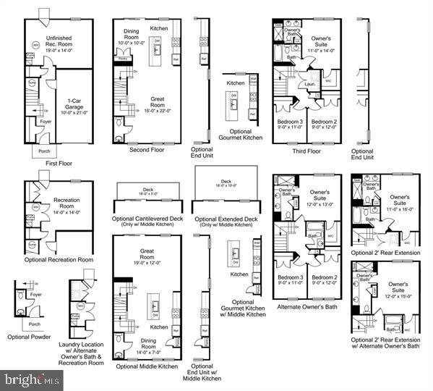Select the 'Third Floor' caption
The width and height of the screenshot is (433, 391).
click(306, 152)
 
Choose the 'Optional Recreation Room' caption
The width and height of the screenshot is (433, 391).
click(59, 259)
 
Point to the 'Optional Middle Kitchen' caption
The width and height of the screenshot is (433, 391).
click(147, 366)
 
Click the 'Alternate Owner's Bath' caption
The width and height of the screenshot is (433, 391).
click(307, 306)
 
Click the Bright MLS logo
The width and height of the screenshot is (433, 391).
click(33, 379)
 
